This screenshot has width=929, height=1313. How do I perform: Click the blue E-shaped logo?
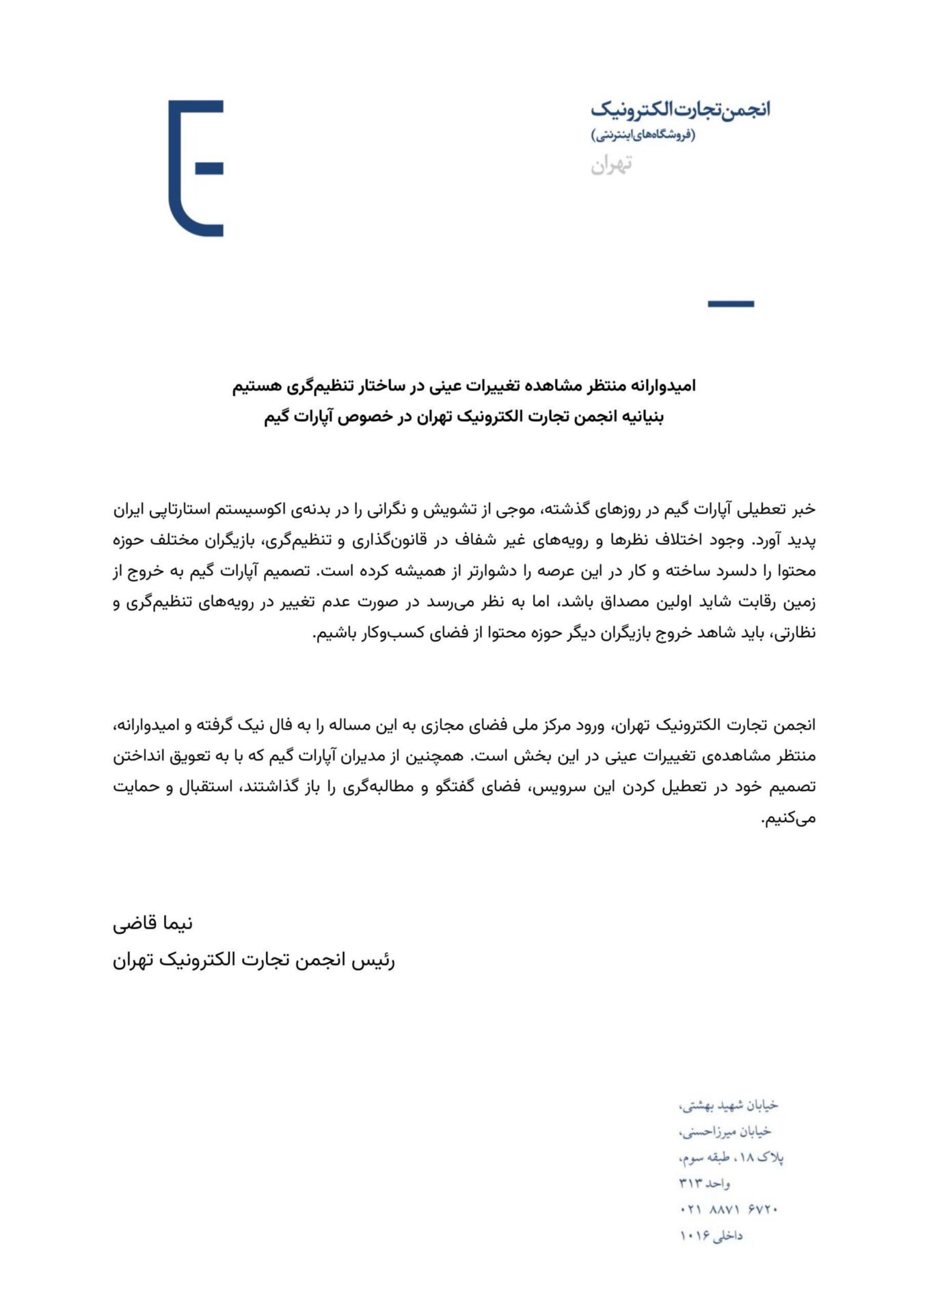[x=196, y=168]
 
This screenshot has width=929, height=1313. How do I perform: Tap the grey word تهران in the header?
[x=611, y=164]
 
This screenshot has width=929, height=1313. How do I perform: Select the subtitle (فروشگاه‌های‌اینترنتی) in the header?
[x=643, y=135]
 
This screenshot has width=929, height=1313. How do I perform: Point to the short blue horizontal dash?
[x=730, y=304]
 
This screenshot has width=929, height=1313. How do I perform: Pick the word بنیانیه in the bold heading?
[x=641, y=417]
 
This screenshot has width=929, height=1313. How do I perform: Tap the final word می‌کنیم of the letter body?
[x=789, y=818]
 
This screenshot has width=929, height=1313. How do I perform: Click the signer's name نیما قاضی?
[x=152, y=924]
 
